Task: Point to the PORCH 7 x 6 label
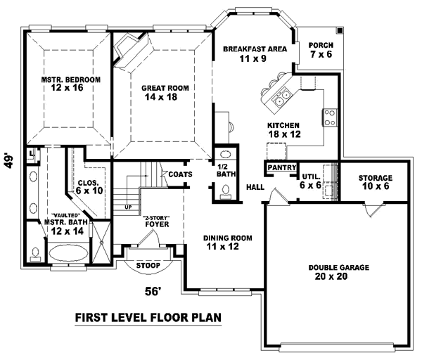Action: (321, 50)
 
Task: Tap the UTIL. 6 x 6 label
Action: (311, 181)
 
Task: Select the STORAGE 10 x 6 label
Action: (375, 182)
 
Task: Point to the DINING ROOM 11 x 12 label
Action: (229, 243)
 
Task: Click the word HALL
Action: (255, 187)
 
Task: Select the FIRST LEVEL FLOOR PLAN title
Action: (148, 318)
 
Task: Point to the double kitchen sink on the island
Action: (285, 98)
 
